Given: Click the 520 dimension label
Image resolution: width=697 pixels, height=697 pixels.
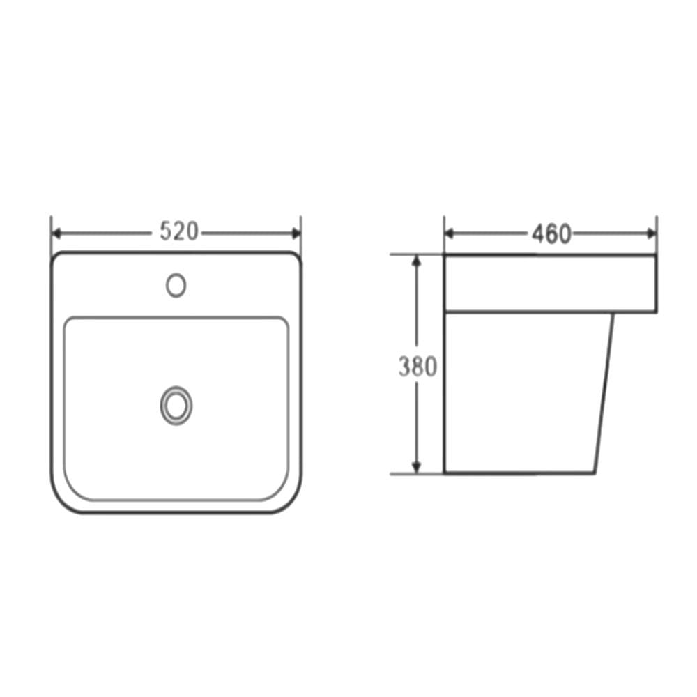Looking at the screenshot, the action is (178, 231).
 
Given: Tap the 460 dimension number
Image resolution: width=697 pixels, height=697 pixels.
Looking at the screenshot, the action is (551, 233).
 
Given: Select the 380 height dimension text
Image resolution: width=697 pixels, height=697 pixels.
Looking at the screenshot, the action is (418, 367).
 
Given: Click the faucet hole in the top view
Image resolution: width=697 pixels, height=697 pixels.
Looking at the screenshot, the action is (176, 285).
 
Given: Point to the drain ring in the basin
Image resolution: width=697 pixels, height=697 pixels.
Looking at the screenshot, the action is (176, 406).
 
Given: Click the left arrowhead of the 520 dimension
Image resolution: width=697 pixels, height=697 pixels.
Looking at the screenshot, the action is (56, 233).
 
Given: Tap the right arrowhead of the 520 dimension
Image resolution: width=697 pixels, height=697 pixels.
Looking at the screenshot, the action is (296, 233).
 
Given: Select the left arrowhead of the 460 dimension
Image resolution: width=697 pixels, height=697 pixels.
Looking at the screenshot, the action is (449, 233).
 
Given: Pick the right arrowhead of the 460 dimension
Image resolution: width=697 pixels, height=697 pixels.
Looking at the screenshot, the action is (652, 233).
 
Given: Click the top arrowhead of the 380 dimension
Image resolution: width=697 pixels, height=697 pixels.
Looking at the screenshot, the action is (417, 261).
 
